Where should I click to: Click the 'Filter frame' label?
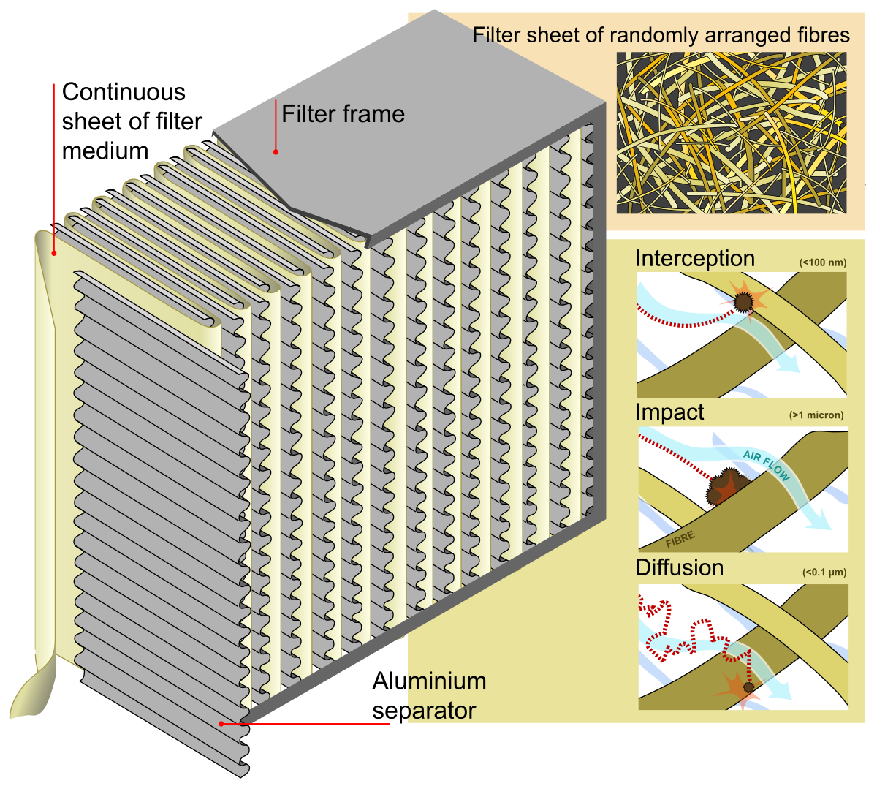(343, 114)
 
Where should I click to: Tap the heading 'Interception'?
(694, 259)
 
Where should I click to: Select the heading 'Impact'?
(669, 412)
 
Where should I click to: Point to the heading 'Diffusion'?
(679, 568)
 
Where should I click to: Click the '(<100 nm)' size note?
(822, 262)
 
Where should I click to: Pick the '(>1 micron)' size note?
(816, 415)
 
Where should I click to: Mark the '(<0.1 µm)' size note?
(824, 572)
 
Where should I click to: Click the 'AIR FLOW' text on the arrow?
(767, 466)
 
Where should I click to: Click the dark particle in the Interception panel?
(743, 301)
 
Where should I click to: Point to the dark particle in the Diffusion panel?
(748, 687)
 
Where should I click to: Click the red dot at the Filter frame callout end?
(276, 152)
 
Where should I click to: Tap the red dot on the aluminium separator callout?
(221, 724)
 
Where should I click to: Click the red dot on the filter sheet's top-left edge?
(53, 254)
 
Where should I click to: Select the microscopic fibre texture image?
(732, 132)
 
